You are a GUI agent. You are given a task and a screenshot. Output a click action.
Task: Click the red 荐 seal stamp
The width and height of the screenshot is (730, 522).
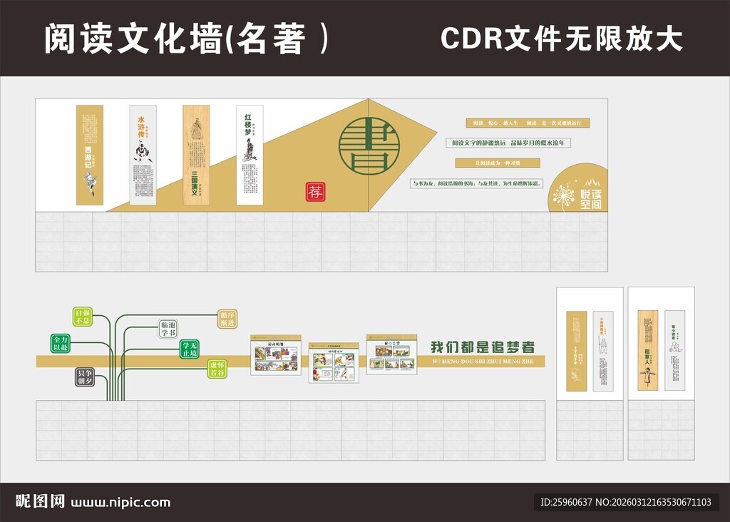[316, 192]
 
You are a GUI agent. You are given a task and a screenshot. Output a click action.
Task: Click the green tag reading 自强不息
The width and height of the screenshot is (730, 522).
[83, 317]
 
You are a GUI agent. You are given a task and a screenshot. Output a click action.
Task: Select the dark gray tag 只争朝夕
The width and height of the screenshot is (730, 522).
[86, 377]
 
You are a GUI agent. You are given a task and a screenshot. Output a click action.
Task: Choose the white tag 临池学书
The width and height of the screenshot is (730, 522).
[168, 329]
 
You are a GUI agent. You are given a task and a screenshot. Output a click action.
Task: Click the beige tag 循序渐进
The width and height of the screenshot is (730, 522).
[227, 319]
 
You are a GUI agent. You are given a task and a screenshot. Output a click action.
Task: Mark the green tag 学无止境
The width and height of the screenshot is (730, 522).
[190, 349]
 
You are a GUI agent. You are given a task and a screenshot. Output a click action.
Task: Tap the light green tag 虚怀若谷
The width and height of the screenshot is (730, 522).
[217, 369]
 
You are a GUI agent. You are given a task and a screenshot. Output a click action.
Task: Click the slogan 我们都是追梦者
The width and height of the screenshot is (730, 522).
[482, 347]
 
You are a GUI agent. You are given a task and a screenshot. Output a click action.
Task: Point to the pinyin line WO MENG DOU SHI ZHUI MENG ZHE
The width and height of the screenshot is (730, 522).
[483, 362]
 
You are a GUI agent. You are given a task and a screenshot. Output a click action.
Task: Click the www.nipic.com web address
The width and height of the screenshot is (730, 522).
[121, 502]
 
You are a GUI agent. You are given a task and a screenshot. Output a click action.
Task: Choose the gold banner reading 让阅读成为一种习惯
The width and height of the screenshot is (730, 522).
[497, 163]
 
